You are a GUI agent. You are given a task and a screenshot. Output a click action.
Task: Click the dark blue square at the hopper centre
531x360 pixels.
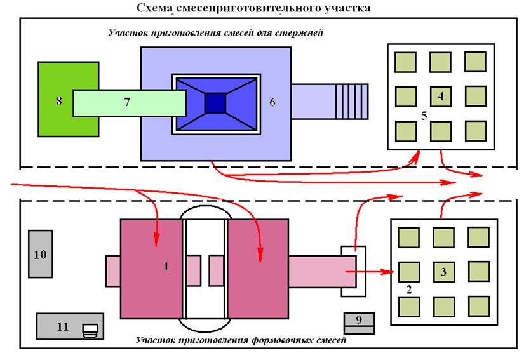point(216,102)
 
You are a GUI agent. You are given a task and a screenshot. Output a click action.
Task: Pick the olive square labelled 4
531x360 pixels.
point(441,97)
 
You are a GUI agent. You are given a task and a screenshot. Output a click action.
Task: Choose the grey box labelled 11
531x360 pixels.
point(62,326)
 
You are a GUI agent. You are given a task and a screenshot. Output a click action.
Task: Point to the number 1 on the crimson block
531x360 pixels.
point(166,267)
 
